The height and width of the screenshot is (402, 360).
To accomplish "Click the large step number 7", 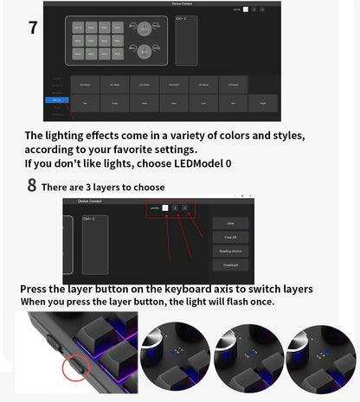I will pyautogui.click(x=33, y=27).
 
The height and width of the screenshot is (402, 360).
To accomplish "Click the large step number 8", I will pyautogui.click(x=32, y=185).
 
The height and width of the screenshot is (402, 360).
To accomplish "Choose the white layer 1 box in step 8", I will pyautogui.click(x=165, y=208).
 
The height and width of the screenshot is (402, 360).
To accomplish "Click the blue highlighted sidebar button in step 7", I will pyautogui.click(x=55, y=100).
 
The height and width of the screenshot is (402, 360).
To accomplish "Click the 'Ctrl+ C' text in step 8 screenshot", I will pyautogui.click(x=89, y=219).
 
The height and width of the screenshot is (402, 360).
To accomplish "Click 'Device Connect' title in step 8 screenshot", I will pyautogui.click(x=90, y=201).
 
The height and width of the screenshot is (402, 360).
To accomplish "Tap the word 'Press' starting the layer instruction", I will pyautogui.click(x=35, y=289).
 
